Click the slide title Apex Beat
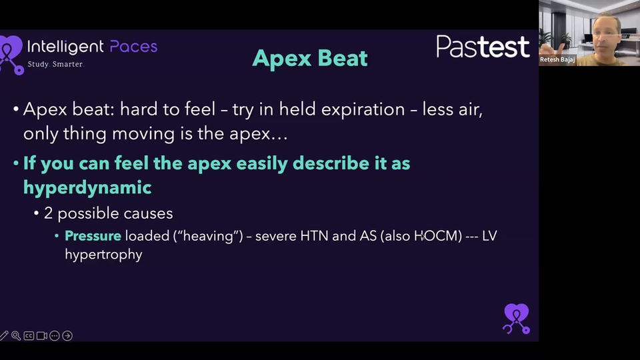click(310, 59)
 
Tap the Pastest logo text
click(483, 47)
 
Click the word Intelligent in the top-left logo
click(65, 46)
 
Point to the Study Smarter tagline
click(55, 64)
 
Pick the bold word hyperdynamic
click(87, 188)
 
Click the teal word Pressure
click(93, 236)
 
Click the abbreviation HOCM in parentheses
click(437, 236)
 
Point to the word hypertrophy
click(103, 255)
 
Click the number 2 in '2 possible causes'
click(48, 214)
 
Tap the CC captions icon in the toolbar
click(29, 336)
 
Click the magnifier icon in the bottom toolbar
click(15, 336)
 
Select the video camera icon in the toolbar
click(41, 336)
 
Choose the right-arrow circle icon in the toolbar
click(67, 336)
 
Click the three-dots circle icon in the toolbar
click(55, 336)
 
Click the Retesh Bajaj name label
click(558, 59)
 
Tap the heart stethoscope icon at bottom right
click(516, 318)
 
